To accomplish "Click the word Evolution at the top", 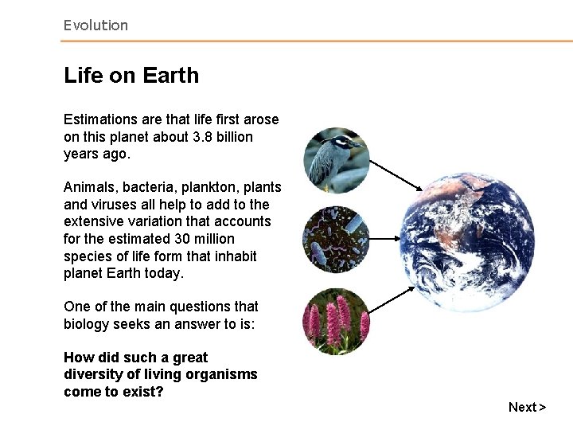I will (x=95, y=25).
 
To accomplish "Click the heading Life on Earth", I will (x=131, y=76).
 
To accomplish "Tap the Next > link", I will (x=527, y=407).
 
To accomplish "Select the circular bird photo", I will (x=337, y=160).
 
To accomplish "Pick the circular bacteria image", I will (x=337, y=240).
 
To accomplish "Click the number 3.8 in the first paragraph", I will (x=202, y=137).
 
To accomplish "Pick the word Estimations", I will (x=100, y=119).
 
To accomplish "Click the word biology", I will (x=90, y=324).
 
